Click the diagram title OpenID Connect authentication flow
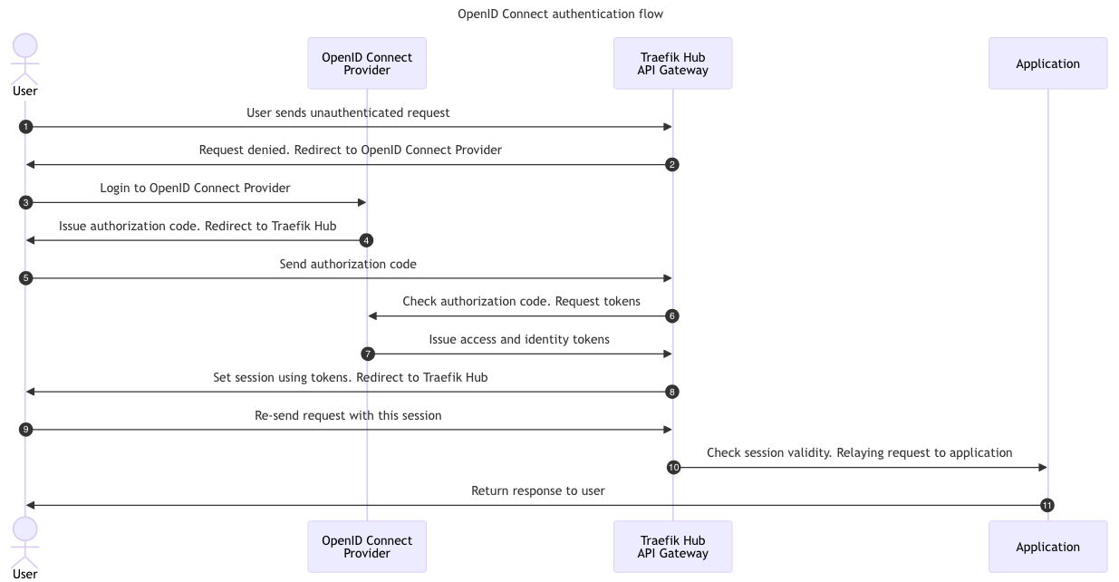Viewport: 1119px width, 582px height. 560,14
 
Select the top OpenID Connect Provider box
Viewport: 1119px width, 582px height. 367,63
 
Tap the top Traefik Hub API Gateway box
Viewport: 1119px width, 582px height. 672,63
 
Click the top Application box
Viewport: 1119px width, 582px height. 1047,63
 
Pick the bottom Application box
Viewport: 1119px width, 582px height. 1047,547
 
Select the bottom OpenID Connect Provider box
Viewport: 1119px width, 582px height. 367,547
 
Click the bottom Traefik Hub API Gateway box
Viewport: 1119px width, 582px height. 672,547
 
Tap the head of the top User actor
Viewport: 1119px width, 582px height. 25,46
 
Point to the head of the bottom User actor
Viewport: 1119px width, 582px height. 25,529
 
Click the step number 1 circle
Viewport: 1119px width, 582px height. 25,127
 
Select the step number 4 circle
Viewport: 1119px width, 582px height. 366,240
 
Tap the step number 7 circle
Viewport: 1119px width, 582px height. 368,354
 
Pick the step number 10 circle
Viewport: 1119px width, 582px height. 673,467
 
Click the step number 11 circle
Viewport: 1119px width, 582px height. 1047,505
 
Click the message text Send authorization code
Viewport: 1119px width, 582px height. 348,264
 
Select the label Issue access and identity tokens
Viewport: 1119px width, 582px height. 519,339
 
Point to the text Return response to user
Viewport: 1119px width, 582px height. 537,490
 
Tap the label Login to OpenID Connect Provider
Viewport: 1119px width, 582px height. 195,188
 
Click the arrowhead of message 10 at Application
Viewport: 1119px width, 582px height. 1042,467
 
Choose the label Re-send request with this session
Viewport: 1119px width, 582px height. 348,415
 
